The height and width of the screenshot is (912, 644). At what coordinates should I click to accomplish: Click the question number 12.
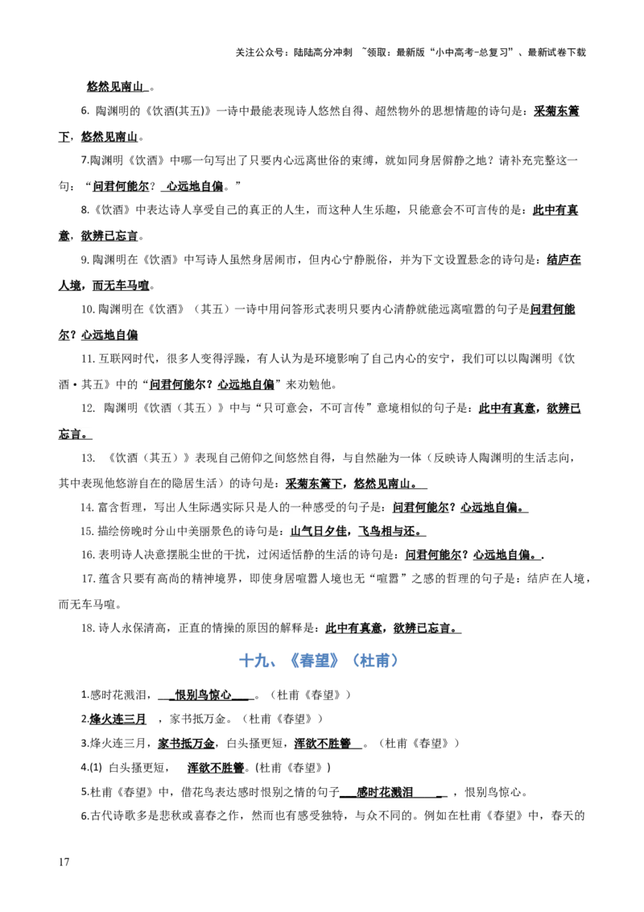coord(88,409)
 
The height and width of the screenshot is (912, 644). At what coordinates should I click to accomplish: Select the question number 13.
coord(88,458)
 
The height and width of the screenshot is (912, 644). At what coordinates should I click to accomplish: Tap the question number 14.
coord(87,508)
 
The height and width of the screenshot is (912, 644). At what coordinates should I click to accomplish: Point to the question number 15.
coord(87,532)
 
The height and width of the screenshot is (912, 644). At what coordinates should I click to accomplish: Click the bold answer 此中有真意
coord(507,409)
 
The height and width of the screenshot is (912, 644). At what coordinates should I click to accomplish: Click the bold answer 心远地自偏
coord(492,508)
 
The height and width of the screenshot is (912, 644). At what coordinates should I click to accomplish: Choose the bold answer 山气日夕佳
coord(318,532)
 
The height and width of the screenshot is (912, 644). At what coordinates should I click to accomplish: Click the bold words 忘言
coord(73,434)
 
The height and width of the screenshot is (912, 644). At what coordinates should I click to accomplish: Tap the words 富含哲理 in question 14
coord(118,508)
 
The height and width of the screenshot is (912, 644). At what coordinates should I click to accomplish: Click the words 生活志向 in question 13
coord(545,458)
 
